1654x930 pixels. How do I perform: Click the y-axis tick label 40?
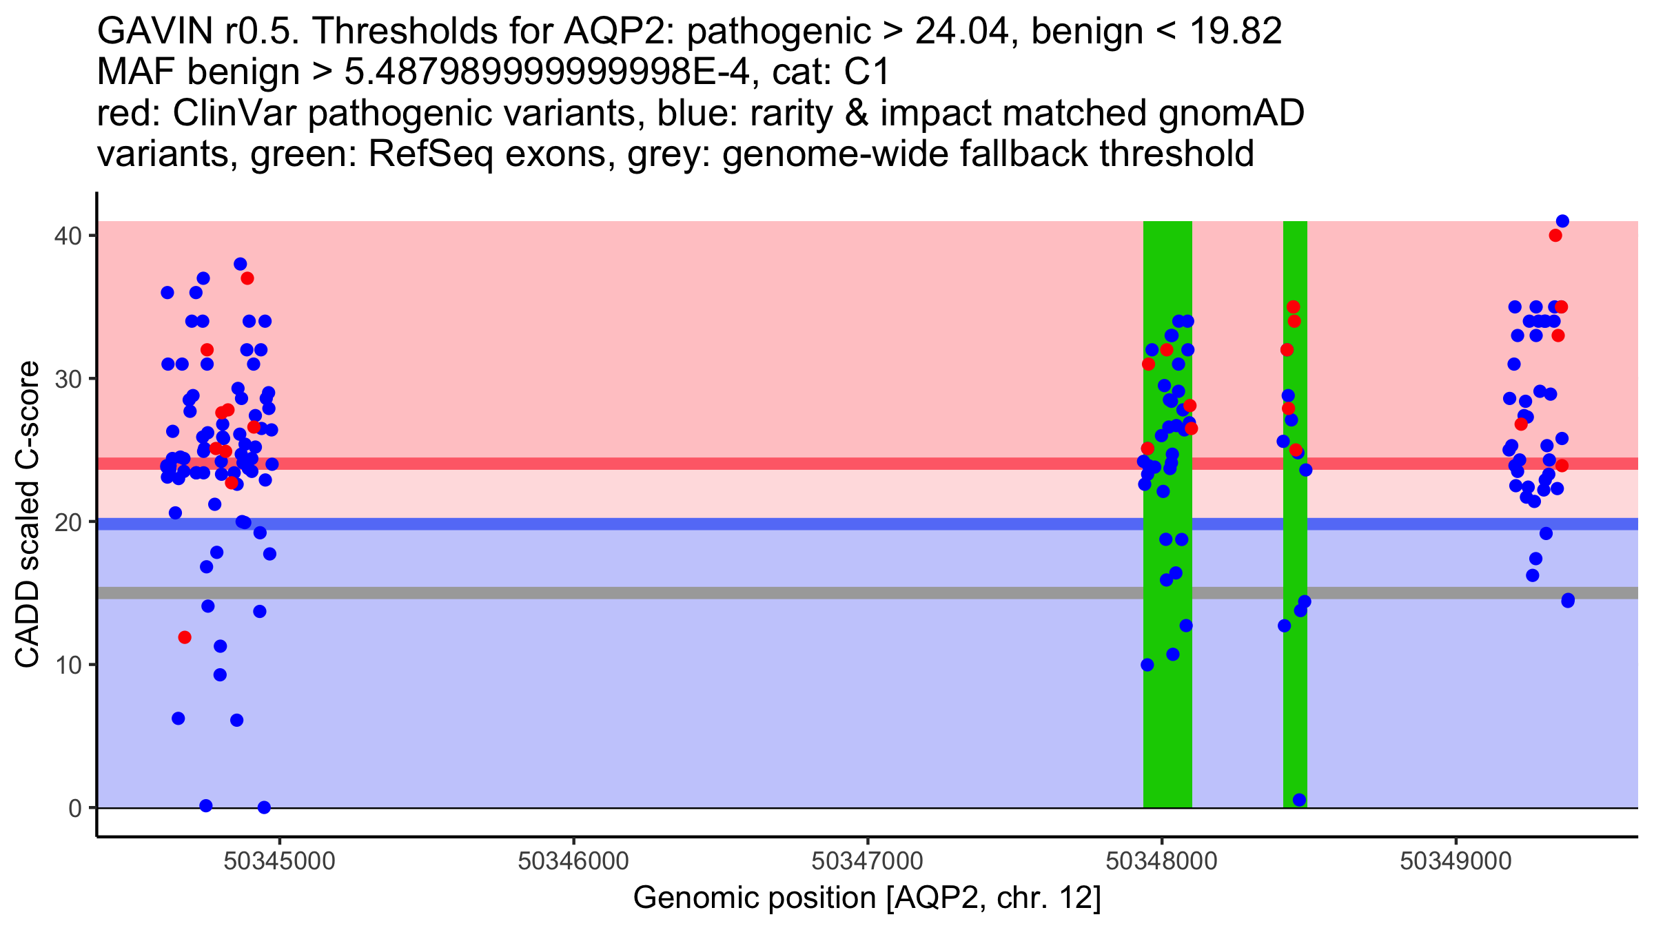coord(68,236)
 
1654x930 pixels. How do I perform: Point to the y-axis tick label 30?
coord(68,379)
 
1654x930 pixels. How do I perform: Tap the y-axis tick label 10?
coord(68,665)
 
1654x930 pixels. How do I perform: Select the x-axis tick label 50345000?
coord(279,861)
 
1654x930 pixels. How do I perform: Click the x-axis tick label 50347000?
coord(868,861)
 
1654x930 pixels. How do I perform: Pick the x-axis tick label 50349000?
coord(1456,861)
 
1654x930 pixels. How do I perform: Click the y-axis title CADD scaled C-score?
coord(28,515)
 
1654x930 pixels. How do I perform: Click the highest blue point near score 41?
coord(1562,221)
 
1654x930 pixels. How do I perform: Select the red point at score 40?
coord(1555,236)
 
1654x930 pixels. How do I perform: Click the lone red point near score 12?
coord(185,637)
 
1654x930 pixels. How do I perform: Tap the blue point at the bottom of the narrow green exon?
coord(1299,800)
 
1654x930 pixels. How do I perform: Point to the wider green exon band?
coord(1167,515)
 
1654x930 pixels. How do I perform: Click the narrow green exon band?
coord(1295,515)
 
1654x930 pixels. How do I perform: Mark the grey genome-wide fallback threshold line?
coord(868,593)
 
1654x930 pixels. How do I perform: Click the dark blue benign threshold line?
coord(868,524)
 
